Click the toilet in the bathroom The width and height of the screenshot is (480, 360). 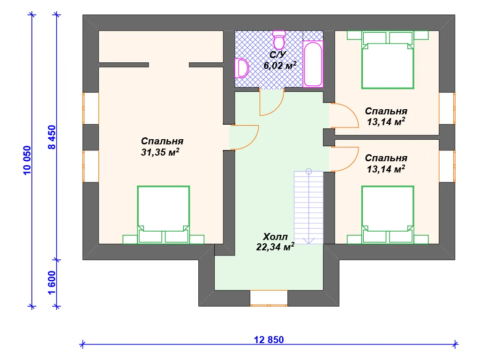click(x=279, y=40)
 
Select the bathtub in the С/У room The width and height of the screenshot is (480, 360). click(x=313, y=64)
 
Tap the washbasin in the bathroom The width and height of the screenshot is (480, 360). click(x=241, y=68)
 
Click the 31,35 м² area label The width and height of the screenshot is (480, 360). click(x=160, y=152)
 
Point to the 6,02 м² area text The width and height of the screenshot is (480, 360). click(x=280, y=65)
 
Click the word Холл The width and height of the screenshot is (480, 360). click(x=275, y=237)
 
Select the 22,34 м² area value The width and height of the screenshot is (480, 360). click(x=275, y=247)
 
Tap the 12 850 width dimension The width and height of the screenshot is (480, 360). click(x=269, y=340)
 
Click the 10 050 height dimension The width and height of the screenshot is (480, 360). click(x=27, y=160)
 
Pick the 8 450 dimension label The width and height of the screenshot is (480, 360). click(x=52, y=137)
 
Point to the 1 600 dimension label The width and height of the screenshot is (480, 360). click(x=52, y=283)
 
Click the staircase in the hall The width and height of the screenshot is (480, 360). click(x=308, y=207)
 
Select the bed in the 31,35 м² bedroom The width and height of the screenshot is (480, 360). click(x=164, y=215)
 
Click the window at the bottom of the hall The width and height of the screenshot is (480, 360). click(x=269, y=298)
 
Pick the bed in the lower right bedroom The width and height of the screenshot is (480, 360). click(x=388, y=215)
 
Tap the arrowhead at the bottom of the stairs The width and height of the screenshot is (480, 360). click(x=308, y=241)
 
